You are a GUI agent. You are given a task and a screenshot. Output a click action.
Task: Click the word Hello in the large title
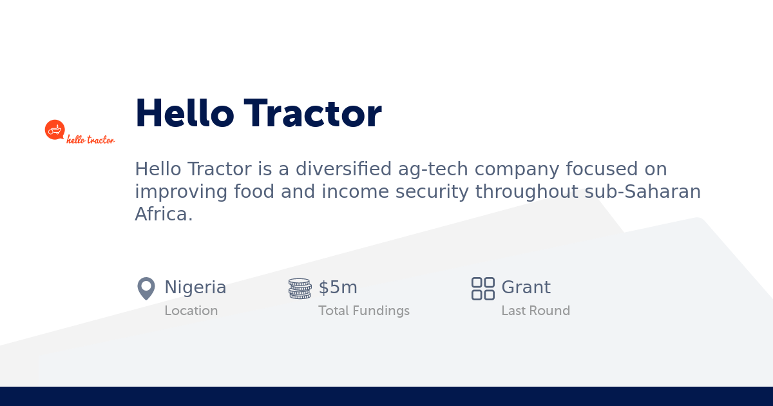click(184, 113)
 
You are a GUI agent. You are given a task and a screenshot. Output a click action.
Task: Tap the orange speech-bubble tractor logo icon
click(55, 130)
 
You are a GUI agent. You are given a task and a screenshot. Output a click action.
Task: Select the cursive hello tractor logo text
click(90, 139)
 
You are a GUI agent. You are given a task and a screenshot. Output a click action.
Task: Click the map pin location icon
click(146, 288)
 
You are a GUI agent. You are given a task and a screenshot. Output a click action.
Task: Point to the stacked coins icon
click(300, 289)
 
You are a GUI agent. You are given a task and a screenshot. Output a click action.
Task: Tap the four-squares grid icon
click(483, 289)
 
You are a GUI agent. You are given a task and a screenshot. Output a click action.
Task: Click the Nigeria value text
click(195, 287)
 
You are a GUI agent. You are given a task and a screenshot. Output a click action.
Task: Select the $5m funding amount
click(338, 287)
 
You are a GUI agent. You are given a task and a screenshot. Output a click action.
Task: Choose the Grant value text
click(526, 287)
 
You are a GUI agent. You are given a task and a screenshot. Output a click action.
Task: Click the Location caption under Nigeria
click(191, 311)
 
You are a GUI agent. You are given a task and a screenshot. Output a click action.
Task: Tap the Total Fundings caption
click(364, 311)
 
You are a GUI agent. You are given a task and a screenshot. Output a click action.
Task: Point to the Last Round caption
click(535, 311)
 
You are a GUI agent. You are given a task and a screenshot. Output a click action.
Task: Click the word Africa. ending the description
click(164, 214)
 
